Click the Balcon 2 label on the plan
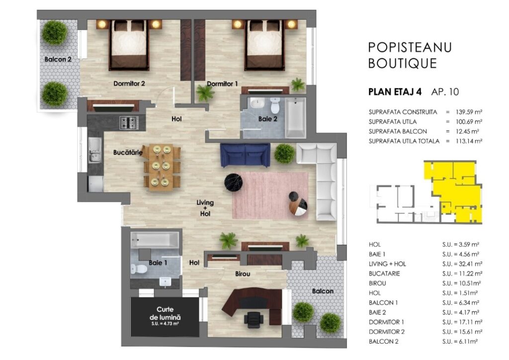(58, 59)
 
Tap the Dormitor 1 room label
(222, 84)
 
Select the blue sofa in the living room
(245, 155)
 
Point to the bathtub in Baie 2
(295, 117)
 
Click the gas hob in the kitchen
(129, 123)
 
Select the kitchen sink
(94, 150)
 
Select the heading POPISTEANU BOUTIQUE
(410, 56)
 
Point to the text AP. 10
(445, 92)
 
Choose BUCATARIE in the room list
(384, 273)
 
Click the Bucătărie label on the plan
(128, 152)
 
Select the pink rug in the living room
(270, 195)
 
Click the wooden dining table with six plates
(162, 167)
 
